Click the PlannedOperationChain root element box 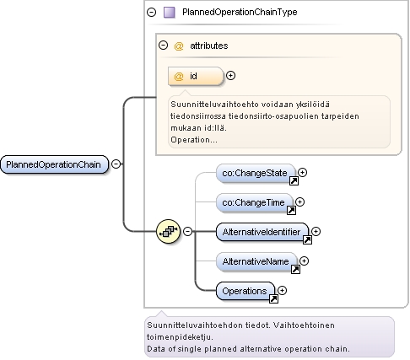click(x=54, y=164)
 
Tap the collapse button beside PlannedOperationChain click(x=116, y=164)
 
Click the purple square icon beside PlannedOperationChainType click(x=170, y=13)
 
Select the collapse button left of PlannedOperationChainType click(x=151, y=12)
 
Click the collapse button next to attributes click(x=163, y=45)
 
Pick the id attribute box click(x=196, y=76)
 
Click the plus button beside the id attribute click(x=230, y=75)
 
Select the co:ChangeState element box click(x=256, y=173)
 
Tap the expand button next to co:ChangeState click(x=302, y=172)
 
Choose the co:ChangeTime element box click(x=254, y=202)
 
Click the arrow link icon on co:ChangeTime click(x=291, y=210)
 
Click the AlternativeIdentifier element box click(x=262, y=232)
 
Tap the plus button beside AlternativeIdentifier click(x=316, y=231)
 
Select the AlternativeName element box click(x=256, y=261)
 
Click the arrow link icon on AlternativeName click(x=295, y=269)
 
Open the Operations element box click(x=245, y=291)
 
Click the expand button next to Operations click(x=282, y=290)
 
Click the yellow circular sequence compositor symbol click(x=168, y=231)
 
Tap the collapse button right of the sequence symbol click(x=187, y=231)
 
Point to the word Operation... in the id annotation click(x=194, y=140)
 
